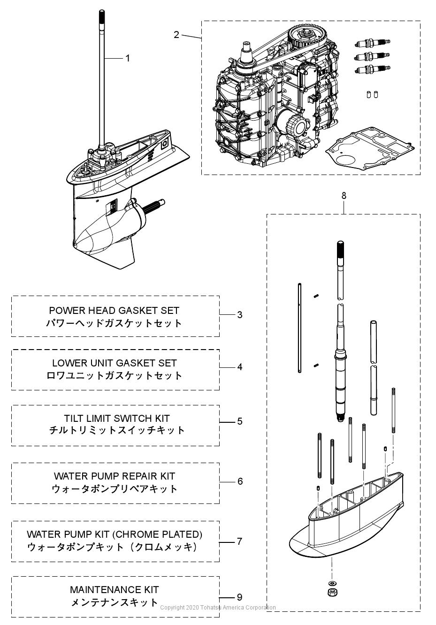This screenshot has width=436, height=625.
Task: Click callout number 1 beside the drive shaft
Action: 127,58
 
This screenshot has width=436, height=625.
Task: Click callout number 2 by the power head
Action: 176,35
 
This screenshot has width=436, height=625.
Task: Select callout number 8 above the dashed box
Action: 344,196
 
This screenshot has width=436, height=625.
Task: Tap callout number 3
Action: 240,314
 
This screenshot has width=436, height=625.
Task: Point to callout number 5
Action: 240,421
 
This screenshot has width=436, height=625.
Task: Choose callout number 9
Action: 240,597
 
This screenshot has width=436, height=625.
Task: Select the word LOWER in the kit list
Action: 67,363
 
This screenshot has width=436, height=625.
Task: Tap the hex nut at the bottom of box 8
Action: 332,592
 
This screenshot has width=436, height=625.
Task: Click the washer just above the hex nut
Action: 332,583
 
